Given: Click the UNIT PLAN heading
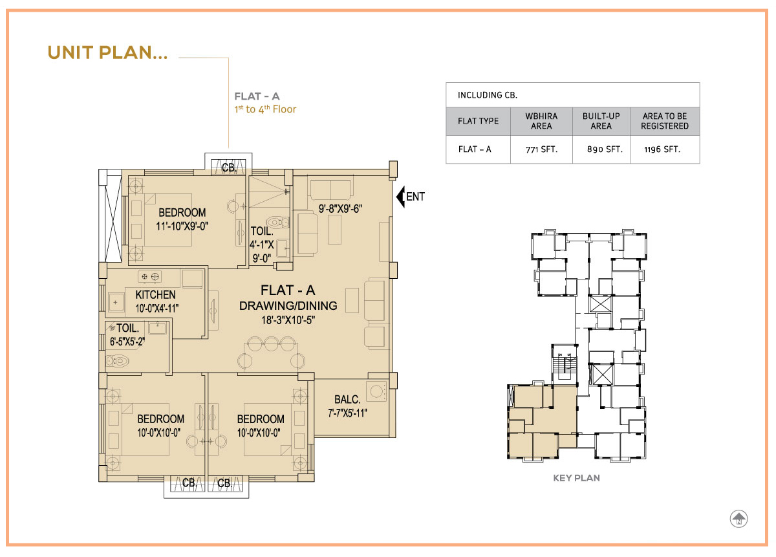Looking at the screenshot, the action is pyautogui.click(x=107, y=52).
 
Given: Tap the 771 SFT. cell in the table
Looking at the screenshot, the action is pyautogui.click(x=541, y=149).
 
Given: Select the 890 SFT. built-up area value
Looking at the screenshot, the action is pyautogui.click(x=605, y=149).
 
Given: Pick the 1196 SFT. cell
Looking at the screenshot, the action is pyautogui.click(x=662, y=149).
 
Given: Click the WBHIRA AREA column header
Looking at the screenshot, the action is pyautogui.click(x=541, y=121).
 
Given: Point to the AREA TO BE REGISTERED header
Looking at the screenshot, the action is pyautogui.click(x=665, y=121).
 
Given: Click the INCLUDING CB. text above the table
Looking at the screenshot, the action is pyautogui.click(x=488, y=95).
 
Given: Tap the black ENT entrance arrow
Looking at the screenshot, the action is pyautogui.click(x=400, y=197).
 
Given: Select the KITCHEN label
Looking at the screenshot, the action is pyautogui.click(x=155, y=294).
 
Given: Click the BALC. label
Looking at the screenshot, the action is pyautogui.click(x=347, y=399).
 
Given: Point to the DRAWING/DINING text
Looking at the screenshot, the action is pyautogui.click(x=288, y=306).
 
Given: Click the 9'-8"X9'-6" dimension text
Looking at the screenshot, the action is pyautogui.click(x=340, y=209).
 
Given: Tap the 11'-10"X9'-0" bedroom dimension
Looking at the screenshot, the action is pyautogui.click(x=182, y=226).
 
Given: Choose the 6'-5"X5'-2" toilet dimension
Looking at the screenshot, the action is pyautogui.click(x=127, y=342).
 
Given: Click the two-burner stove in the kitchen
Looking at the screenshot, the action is pyautogui.click(x=149, y=277).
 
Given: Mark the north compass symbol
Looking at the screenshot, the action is pyautogui.click(x=738, y=519).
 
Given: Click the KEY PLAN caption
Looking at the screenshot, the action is pyautogui.click(x=576, y=478).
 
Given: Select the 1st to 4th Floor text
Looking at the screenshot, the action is pyautogui.click(x=265, y=109).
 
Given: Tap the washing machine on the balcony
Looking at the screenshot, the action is pyautogui.click(x=376, y=391).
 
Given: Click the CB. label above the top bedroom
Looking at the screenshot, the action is pyautogui.click(x=230, y=168).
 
